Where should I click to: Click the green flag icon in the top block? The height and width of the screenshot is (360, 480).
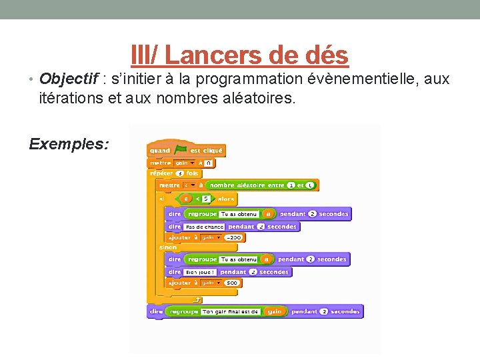[x=181, y=151]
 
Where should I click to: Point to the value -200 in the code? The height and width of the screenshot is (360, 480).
[x=233, y=238]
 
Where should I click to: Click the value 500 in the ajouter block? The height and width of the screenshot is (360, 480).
[x=231, y=283]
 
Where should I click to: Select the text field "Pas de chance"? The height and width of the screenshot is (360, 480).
[x=205, y=227]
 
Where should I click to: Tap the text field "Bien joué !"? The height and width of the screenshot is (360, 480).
[x=200, y=272]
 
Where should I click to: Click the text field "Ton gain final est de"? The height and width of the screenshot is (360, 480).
[x=230, y=311]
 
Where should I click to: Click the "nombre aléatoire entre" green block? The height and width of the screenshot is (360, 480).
[x=247, y=185]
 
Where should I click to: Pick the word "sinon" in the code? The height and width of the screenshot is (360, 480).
[x=168, y=247]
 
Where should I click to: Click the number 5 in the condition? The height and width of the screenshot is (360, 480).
[x=207, y=199]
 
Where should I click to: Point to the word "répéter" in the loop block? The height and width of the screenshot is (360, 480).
[x=161, y=173]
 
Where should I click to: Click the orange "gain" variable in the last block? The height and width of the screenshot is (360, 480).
[x=273, y=311]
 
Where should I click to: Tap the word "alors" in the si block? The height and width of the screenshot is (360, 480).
[x=226, y=199]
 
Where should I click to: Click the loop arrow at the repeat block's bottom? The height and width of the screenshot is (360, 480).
[x=197, y=299]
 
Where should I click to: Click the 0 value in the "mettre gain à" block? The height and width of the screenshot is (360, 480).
[x=209, y=162]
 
